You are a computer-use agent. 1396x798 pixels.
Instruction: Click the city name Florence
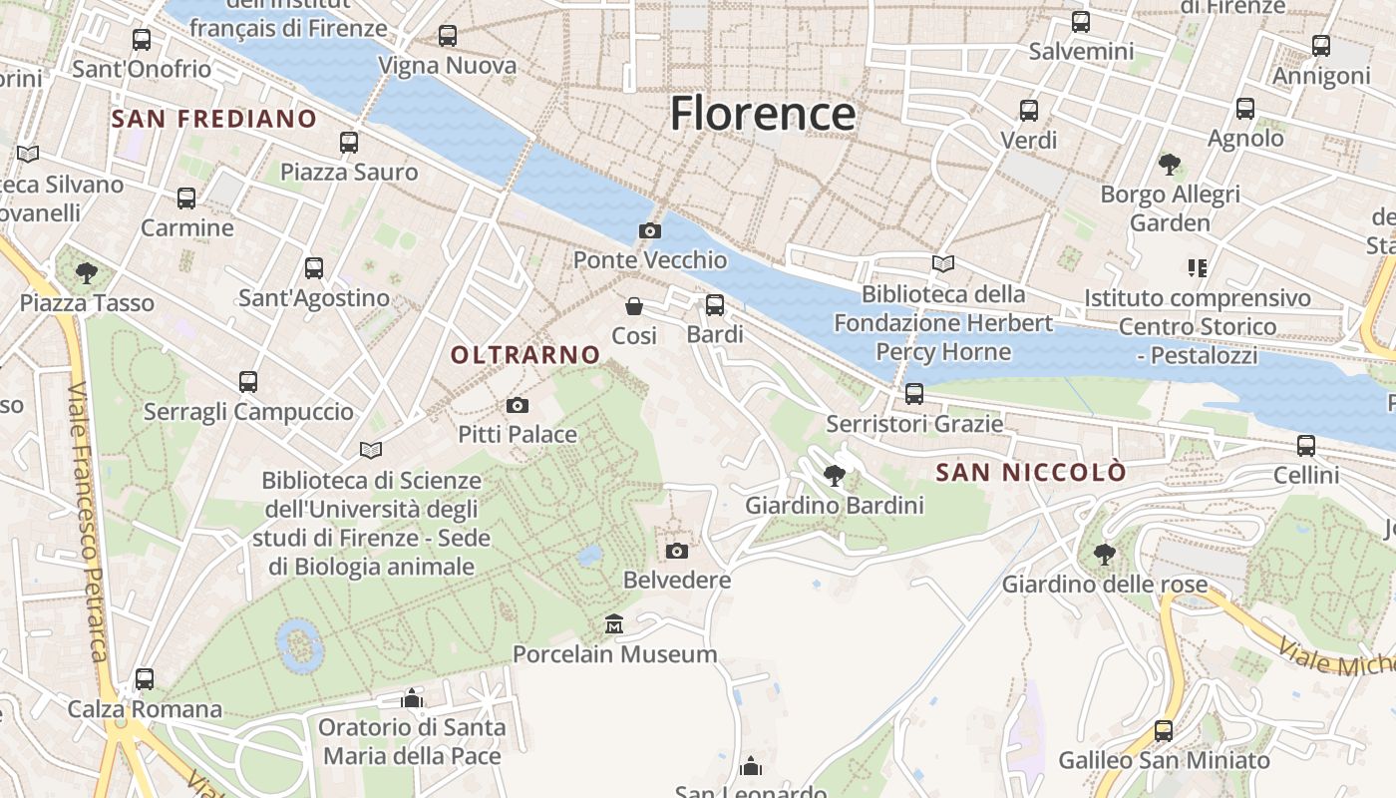[763, 113]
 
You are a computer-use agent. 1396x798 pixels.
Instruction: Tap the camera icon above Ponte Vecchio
[649, 231]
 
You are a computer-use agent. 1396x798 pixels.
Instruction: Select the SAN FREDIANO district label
[214, 120]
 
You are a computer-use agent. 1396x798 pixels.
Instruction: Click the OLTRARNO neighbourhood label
[525, 355]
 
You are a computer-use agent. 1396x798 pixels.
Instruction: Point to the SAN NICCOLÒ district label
[1031, 472]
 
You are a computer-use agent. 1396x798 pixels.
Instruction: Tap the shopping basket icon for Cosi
[634, 306]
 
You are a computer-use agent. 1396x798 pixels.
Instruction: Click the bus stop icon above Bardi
[715, 305]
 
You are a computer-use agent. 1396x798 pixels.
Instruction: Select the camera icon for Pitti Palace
[517, 405]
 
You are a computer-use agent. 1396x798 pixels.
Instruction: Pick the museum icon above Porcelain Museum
[614, 624]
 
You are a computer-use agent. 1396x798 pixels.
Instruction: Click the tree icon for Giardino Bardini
[835, 476]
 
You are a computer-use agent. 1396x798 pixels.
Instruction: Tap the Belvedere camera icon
[677, 551]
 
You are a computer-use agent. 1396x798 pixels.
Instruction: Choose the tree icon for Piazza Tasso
[87, 272]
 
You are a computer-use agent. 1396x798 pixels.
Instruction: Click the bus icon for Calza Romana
[145, 679]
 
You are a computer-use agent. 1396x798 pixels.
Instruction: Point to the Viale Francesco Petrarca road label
[89, 520]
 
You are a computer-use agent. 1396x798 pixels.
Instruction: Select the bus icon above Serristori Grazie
[914, 394]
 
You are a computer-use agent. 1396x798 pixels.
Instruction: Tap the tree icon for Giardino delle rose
[1104, 554]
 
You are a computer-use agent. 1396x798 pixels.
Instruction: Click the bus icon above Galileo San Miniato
[1164, 731]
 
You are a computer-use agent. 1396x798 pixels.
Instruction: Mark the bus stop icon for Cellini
[1306, 445]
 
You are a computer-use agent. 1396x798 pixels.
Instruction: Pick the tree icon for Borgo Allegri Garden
[1170, 165]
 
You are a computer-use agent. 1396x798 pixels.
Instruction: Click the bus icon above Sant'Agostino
[314, 267]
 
